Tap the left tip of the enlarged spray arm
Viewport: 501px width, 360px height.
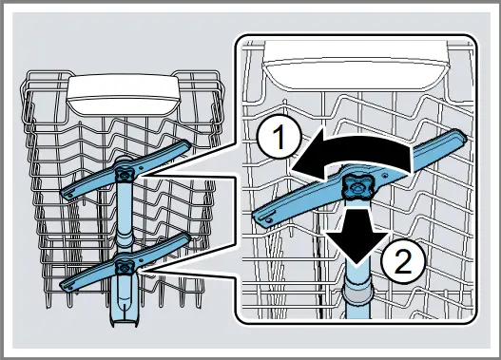262,219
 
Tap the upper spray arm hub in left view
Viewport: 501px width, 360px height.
124,172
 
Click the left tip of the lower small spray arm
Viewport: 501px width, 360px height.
67,283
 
